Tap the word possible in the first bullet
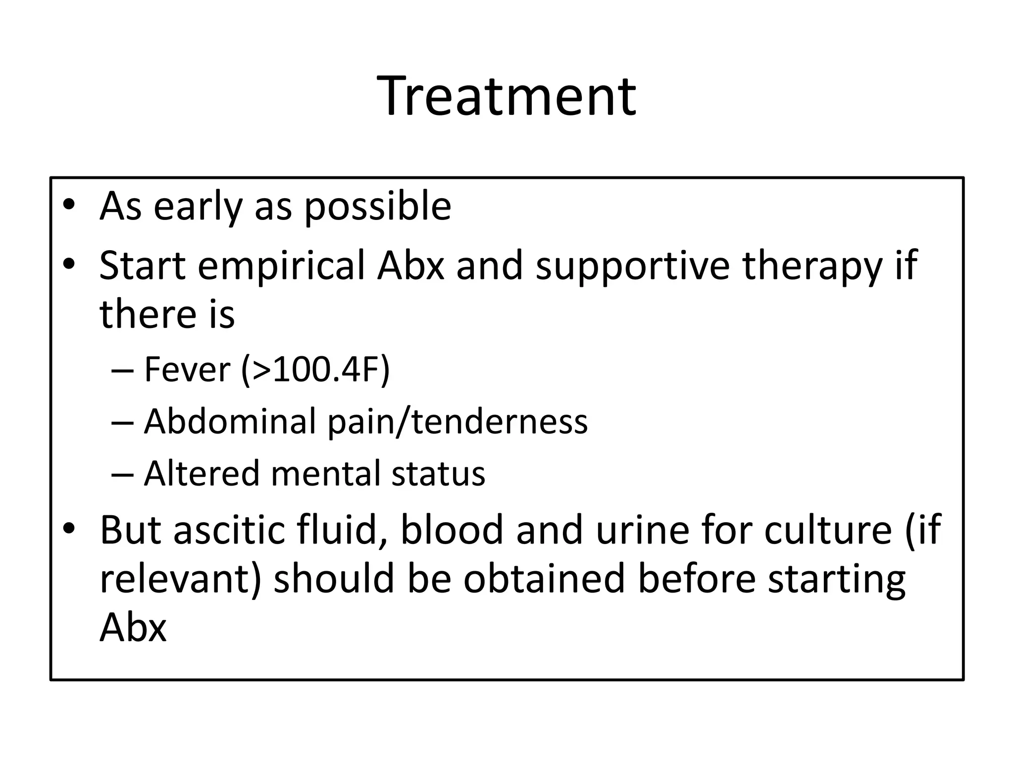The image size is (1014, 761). click(x=377, y=207)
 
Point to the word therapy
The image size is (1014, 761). click(x=812, y=267)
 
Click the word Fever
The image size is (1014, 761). click(x=187, y=370)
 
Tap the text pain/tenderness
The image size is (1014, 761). click(x=457, y=422)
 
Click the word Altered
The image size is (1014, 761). click(x=202, y=474)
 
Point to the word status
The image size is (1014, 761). click(x=438, y=474)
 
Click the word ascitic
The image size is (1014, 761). click(x=229, y=530)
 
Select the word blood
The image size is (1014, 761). click(x=452, y=530)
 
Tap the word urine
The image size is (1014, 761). click(x=642, y=530)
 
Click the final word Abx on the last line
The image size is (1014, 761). click(x=133, y=627)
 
